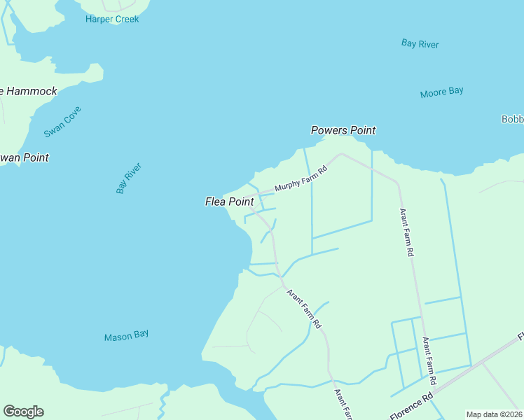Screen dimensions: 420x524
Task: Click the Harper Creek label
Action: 112,19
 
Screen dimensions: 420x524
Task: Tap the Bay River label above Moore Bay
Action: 420,43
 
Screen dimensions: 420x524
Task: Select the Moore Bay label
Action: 441,92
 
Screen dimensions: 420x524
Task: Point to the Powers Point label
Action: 343,130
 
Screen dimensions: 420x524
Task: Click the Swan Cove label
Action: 63,121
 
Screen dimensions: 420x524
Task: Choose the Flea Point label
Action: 229,202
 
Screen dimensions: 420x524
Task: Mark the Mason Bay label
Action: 126,336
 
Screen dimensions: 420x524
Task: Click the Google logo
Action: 23,412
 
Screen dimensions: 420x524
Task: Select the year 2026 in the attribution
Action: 511,414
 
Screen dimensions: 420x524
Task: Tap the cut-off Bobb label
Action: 512,119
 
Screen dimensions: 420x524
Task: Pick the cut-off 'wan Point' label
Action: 25,157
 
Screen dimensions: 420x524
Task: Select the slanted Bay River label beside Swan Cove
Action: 129,178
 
